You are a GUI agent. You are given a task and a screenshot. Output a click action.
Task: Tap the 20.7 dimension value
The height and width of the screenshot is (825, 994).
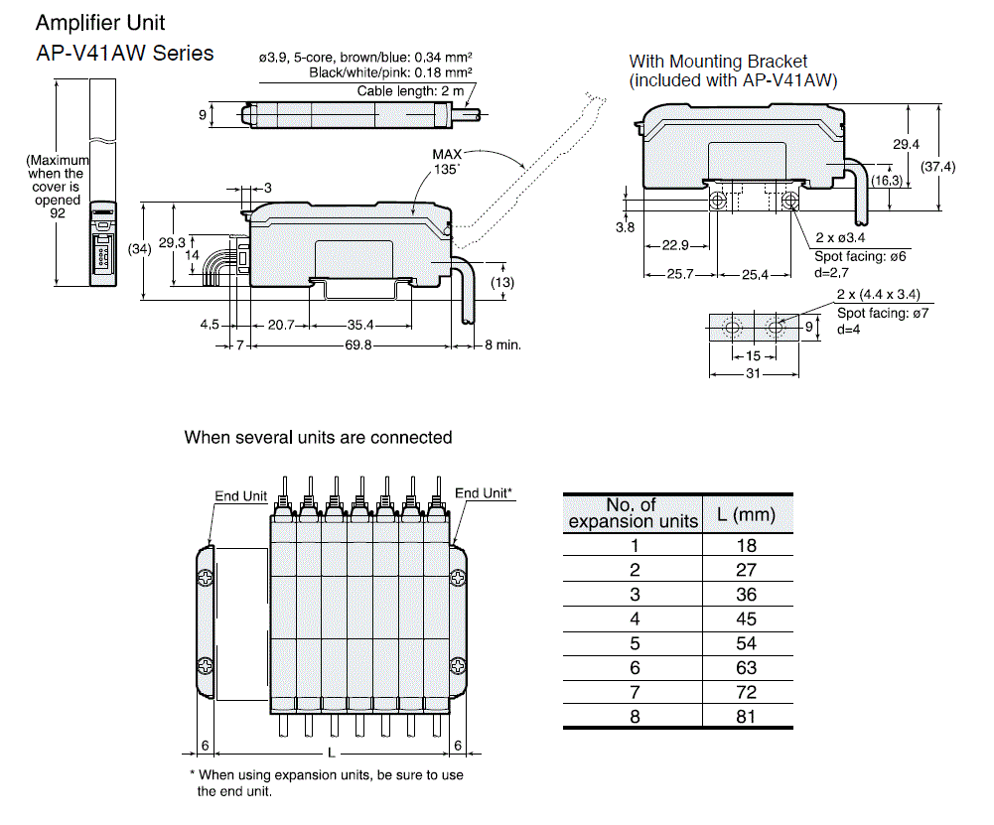click(283, 325)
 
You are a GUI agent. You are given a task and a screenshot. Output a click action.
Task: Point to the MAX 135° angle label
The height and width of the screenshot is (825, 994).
click(450, 162)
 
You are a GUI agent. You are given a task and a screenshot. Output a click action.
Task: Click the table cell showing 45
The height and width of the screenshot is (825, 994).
click(747, 619)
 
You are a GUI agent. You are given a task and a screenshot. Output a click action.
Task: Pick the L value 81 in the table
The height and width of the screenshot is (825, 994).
click(747, 717)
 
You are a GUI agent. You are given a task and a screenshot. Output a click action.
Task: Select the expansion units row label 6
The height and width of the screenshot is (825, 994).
click(635, 668)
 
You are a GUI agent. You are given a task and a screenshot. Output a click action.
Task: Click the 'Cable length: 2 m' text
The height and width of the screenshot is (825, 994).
click(410, 91)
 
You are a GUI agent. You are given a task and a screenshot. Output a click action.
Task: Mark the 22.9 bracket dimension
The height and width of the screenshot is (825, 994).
click(676, 246)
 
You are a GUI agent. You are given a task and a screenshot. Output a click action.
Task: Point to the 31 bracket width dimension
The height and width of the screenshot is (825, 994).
click(754, 374)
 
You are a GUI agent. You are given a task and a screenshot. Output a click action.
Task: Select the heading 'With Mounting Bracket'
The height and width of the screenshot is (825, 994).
click(719, 62)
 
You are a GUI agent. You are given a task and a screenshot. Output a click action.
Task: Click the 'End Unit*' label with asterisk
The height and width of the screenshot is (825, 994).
click(484, 493)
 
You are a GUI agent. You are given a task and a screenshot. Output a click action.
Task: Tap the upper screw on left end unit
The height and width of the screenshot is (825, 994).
click(204, 577)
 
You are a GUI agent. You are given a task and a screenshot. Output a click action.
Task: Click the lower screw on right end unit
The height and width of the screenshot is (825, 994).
click(459, 662)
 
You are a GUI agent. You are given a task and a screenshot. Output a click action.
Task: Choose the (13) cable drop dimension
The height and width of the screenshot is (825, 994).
click(502, 283)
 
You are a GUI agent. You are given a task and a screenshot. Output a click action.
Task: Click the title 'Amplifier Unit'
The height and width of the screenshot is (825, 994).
click(101, 22)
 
